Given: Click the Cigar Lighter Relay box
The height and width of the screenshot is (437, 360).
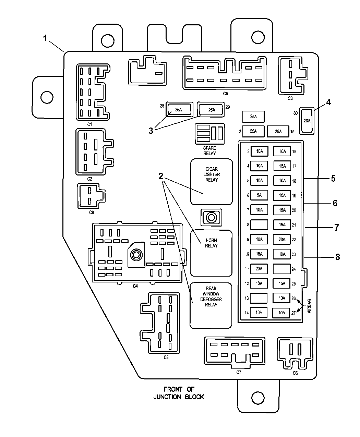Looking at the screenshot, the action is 212,182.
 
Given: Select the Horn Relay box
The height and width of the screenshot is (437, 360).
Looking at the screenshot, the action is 211,253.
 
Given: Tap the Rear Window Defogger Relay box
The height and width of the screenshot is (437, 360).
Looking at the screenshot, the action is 211,306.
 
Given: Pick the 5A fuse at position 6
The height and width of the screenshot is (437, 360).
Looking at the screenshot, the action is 259,195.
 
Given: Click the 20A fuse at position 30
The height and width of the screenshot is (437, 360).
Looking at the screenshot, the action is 307,121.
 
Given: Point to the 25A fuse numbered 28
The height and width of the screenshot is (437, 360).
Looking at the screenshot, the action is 179,109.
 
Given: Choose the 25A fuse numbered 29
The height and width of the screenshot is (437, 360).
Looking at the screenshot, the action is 211,110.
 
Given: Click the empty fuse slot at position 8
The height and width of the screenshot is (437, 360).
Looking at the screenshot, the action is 259,224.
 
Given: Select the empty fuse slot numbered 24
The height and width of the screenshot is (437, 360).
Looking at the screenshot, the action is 282,269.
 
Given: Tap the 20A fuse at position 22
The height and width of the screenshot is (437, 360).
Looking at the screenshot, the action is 282,239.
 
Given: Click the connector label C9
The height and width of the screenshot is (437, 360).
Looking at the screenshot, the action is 226,94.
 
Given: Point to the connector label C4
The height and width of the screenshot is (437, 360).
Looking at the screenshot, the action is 135,286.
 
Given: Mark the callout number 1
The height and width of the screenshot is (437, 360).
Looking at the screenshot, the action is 45,38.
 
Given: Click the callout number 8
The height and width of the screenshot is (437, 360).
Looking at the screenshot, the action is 338,257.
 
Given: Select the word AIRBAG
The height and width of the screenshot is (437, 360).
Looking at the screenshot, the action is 309,306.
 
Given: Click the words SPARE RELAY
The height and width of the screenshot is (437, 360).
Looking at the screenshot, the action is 209,151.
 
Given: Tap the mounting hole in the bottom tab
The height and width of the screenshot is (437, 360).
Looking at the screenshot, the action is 257,398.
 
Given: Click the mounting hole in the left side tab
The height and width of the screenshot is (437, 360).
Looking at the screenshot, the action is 47,97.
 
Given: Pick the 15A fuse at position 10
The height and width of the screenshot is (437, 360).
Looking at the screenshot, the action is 259,254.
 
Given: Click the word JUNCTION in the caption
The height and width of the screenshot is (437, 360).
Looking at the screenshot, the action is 167,397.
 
